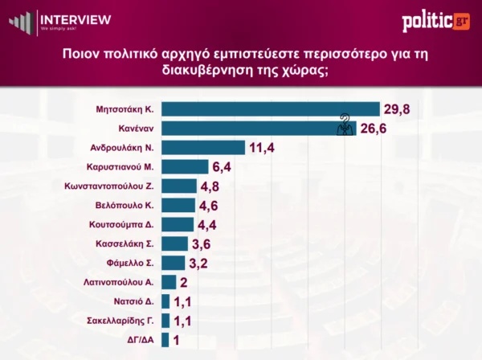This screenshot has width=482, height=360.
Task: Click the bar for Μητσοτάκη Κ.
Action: click(270, 109)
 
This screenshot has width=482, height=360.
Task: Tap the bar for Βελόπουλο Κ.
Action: click(178, 205)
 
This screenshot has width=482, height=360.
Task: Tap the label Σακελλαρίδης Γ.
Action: click(121, 321)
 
